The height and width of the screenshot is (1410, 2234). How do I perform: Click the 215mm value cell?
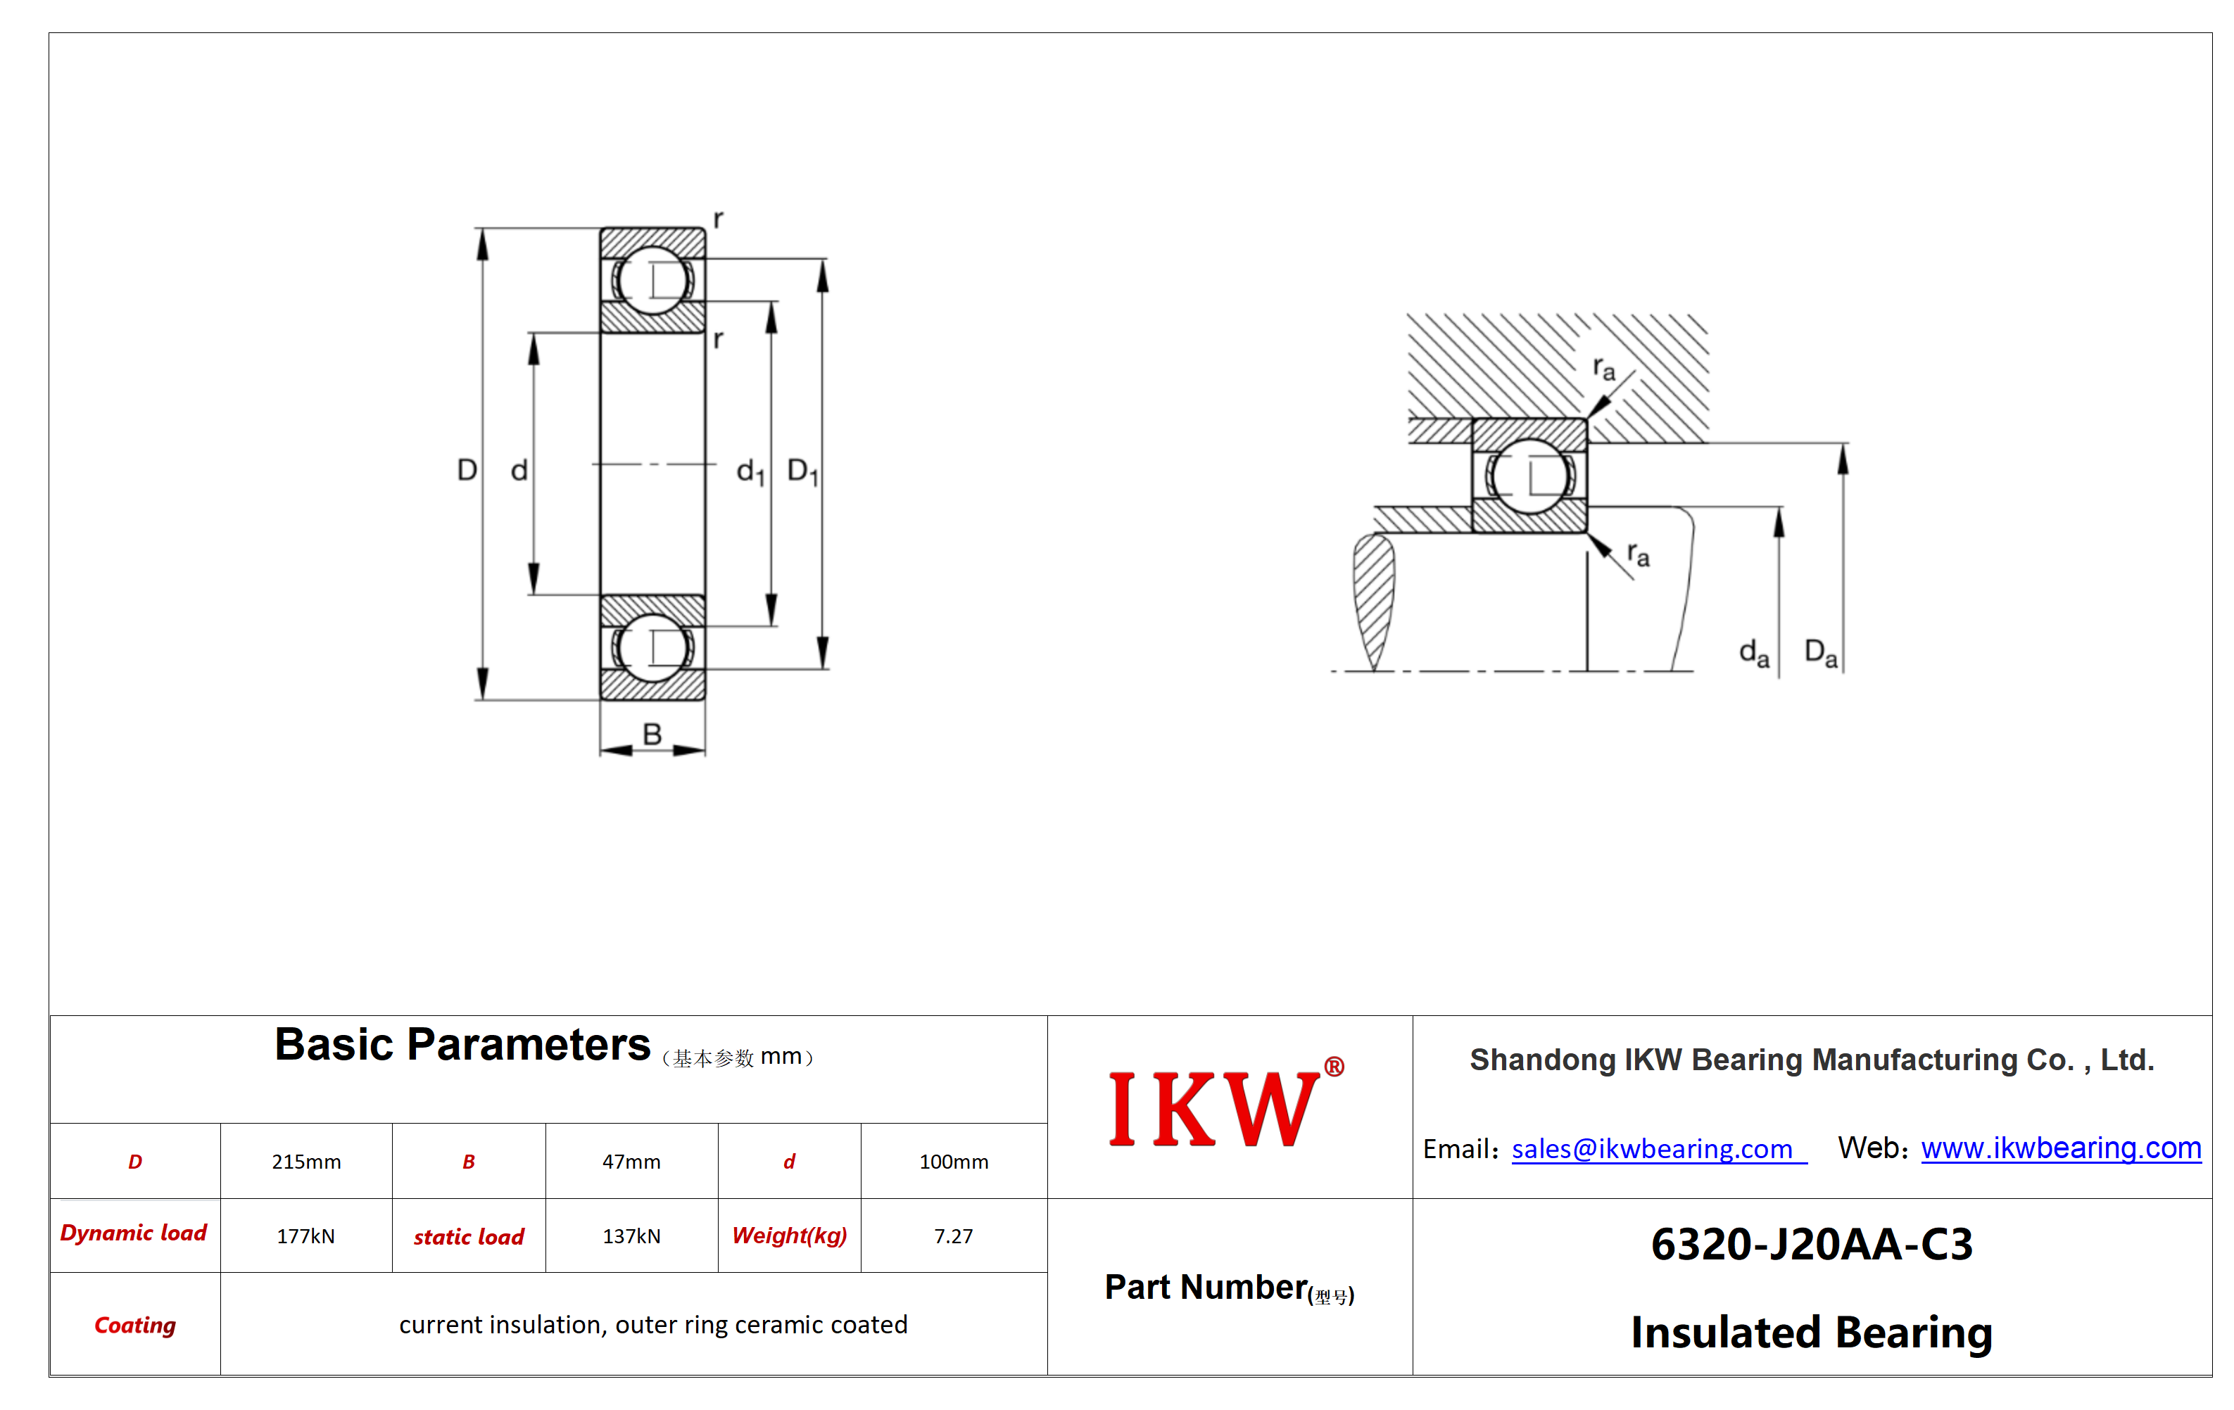point(306,1162)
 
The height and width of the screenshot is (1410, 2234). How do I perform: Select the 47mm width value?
point(631,1162)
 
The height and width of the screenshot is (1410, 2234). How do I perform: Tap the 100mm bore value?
point(954,1162)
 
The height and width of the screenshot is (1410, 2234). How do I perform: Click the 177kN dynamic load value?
point(306,1236)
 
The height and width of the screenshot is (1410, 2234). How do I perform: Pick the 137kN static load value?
point(631,1236)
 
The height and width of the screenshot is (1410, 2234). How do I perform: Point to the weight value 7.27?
point(954,1236)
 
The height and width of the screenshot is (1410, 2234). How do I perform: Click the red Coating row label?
point(135,1325)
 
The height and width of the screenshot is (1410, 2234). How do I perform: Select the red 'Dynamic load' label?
point(134,1233)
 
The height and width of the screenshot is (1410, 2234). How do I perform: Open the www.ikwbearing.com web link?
point(2061,1148)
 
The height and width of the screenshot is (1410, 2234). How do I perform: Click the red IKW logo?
point(1225,1107)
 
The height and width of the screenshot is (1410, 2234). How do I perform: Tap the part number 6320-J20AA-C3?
point(1812,1244)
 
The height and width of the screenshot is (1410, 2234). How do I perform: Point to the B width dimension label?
point(652,734)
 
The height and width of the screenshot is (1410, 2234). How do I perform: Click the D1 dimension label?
point(802,471)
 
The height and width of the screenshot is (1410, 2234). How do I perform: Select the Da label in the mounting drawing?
point(1820,653)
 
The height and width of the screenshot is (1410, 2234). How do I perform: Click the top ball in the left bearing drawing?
point(652,280)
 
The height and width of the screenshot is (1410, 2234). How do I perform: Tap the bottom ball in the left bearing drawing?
point(652,647)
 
